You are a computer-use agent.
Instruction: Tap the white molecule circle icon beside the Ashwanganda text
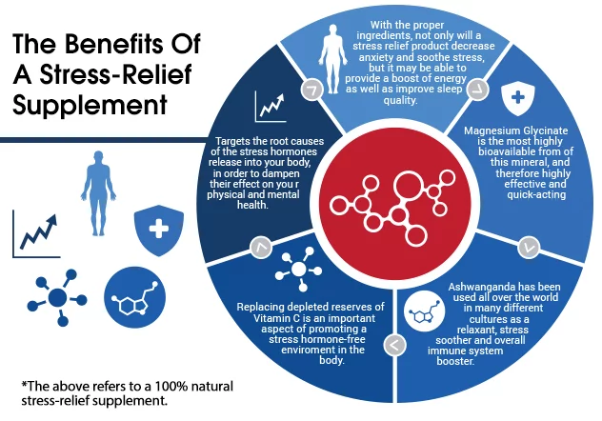click(x=421, y=310)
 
